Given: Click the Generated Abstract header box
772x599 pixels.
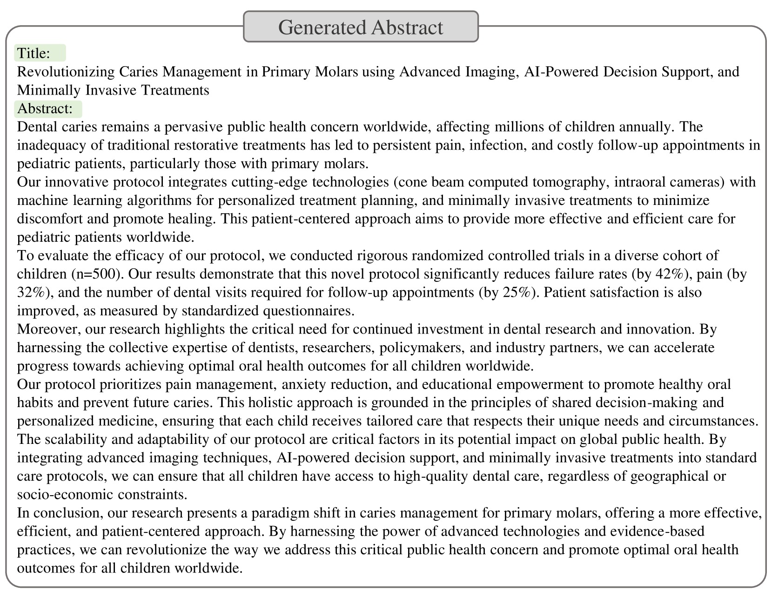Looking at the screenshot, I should (x=361, y=27).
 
